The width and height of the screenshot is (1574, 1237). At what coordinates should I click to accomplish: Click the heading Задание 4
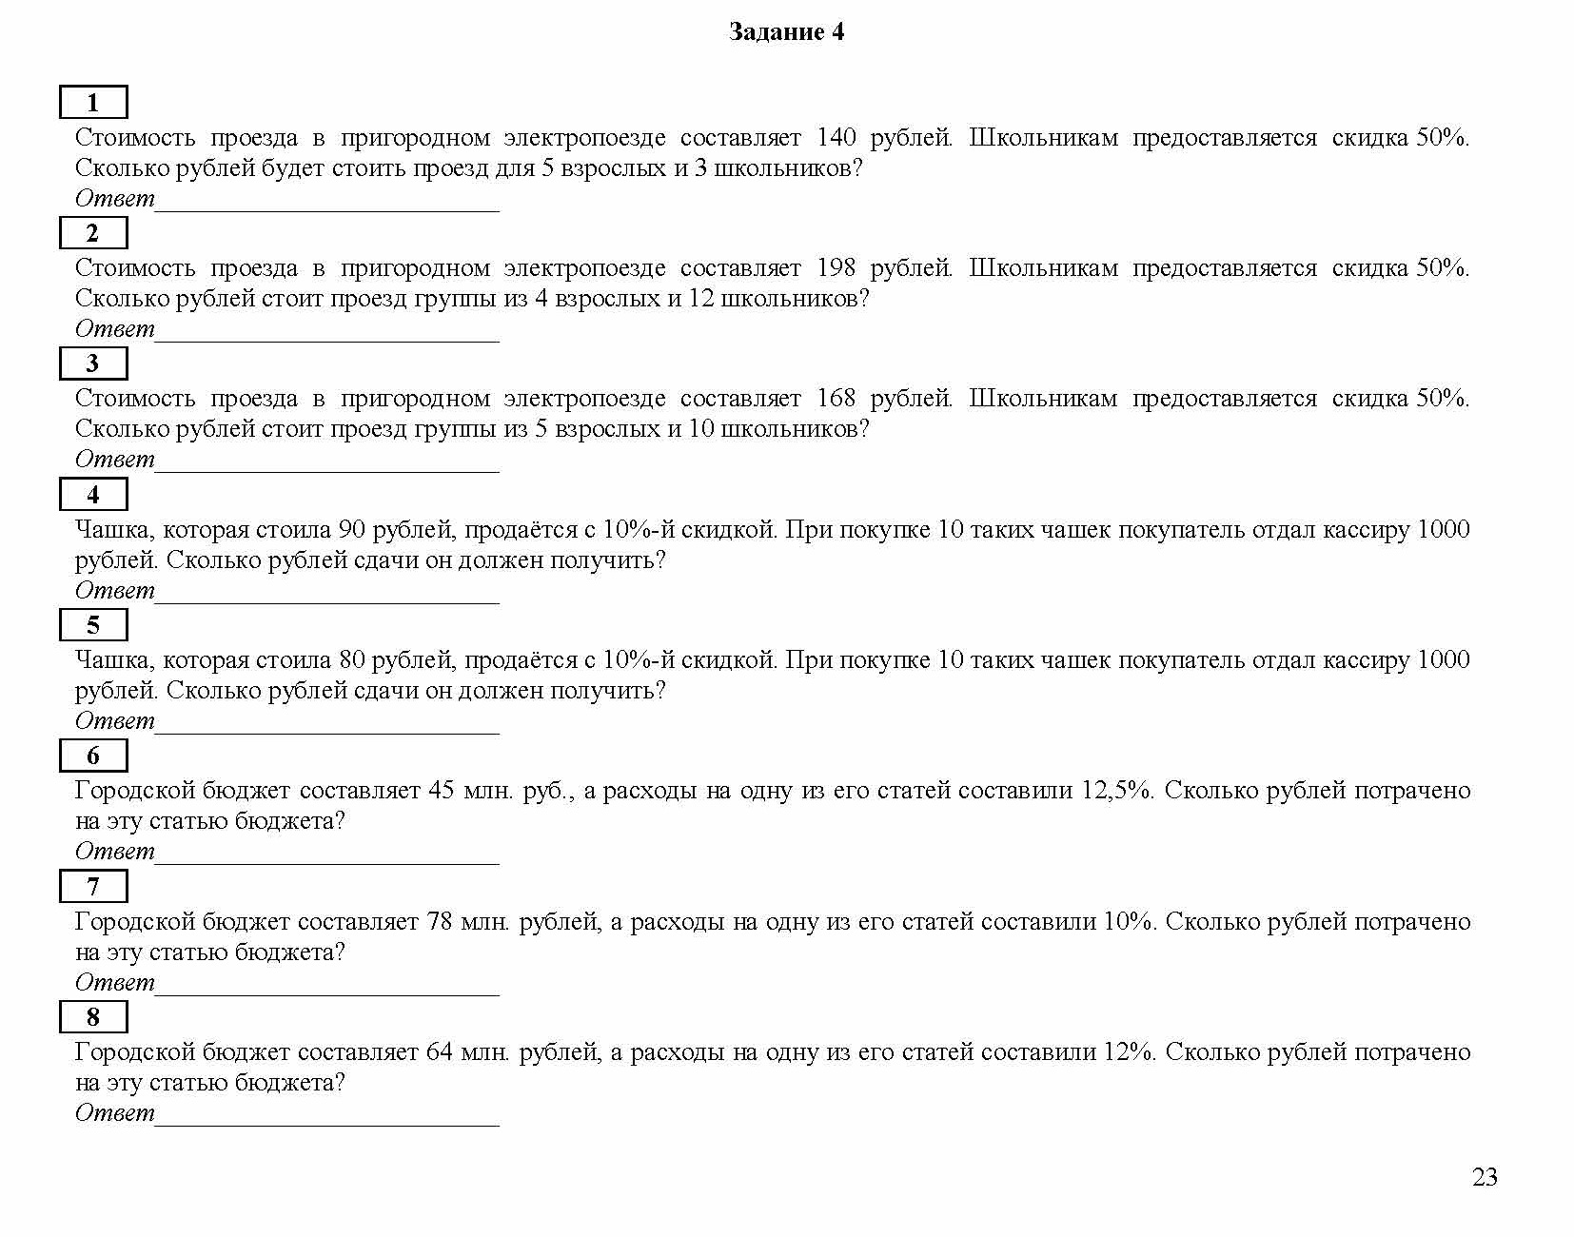pyautogui.click(x=786, y=32)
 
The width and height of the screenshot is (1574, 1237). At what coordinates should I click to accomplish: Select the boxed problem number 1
pyautogui.click(x=93, y=103)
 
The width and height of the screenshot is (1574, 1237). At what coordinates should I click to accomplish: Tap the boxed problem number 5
pyautogui.click(x=93, y=625)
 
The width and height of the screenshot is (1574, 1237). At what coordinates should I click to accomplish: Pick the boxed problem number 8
pyautogui.click(x=93, y=1017)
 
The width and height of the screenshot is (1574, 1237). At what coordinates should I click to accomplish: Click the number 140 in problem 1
pyautogui.click(x=836, y=138)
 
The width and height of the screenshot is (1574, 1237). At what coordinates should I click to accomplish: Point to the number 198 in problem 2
pyautogui.click(x=836, y=268)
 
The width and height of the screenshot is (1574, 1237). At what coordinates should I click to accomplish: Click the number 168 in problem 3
pyautogui.click(x=836, y=399)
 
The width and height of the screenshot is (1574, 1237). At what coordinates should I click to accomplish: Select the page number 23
pyautogui.click(x=1485, y=1178)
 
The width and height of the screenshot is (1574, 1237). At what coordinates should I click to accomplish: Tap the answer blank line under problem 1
pyautogui.click(x=326, y=208)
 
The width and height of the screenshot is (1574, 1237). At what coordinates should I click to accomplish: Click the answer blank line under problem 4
pyautogui.click(x=326, y=600)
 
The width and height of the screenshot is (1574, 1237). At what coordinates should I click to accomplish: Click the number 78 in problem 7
pyautogui.click(x=440, y=922)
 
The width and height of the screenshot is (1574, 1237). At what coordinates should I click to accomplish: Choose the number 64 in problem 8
pyautogui.click(x=440, y=1052)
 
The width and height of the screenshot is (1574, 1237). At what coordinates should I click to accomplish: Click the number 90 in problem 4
pyautogui.click(x=352, y=530)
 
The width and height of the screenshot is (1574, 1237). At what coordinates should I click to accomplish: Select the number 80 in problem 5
pyautogui.click(x=352, y=660)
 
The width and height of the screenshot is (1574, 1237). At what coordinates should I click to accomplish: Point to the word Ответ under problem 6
pyautogui.click(x=114, y=852)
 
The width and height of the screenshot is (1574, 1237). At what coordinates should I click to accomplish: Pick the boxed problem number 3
pyautogui.click(x=93, y=363)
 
